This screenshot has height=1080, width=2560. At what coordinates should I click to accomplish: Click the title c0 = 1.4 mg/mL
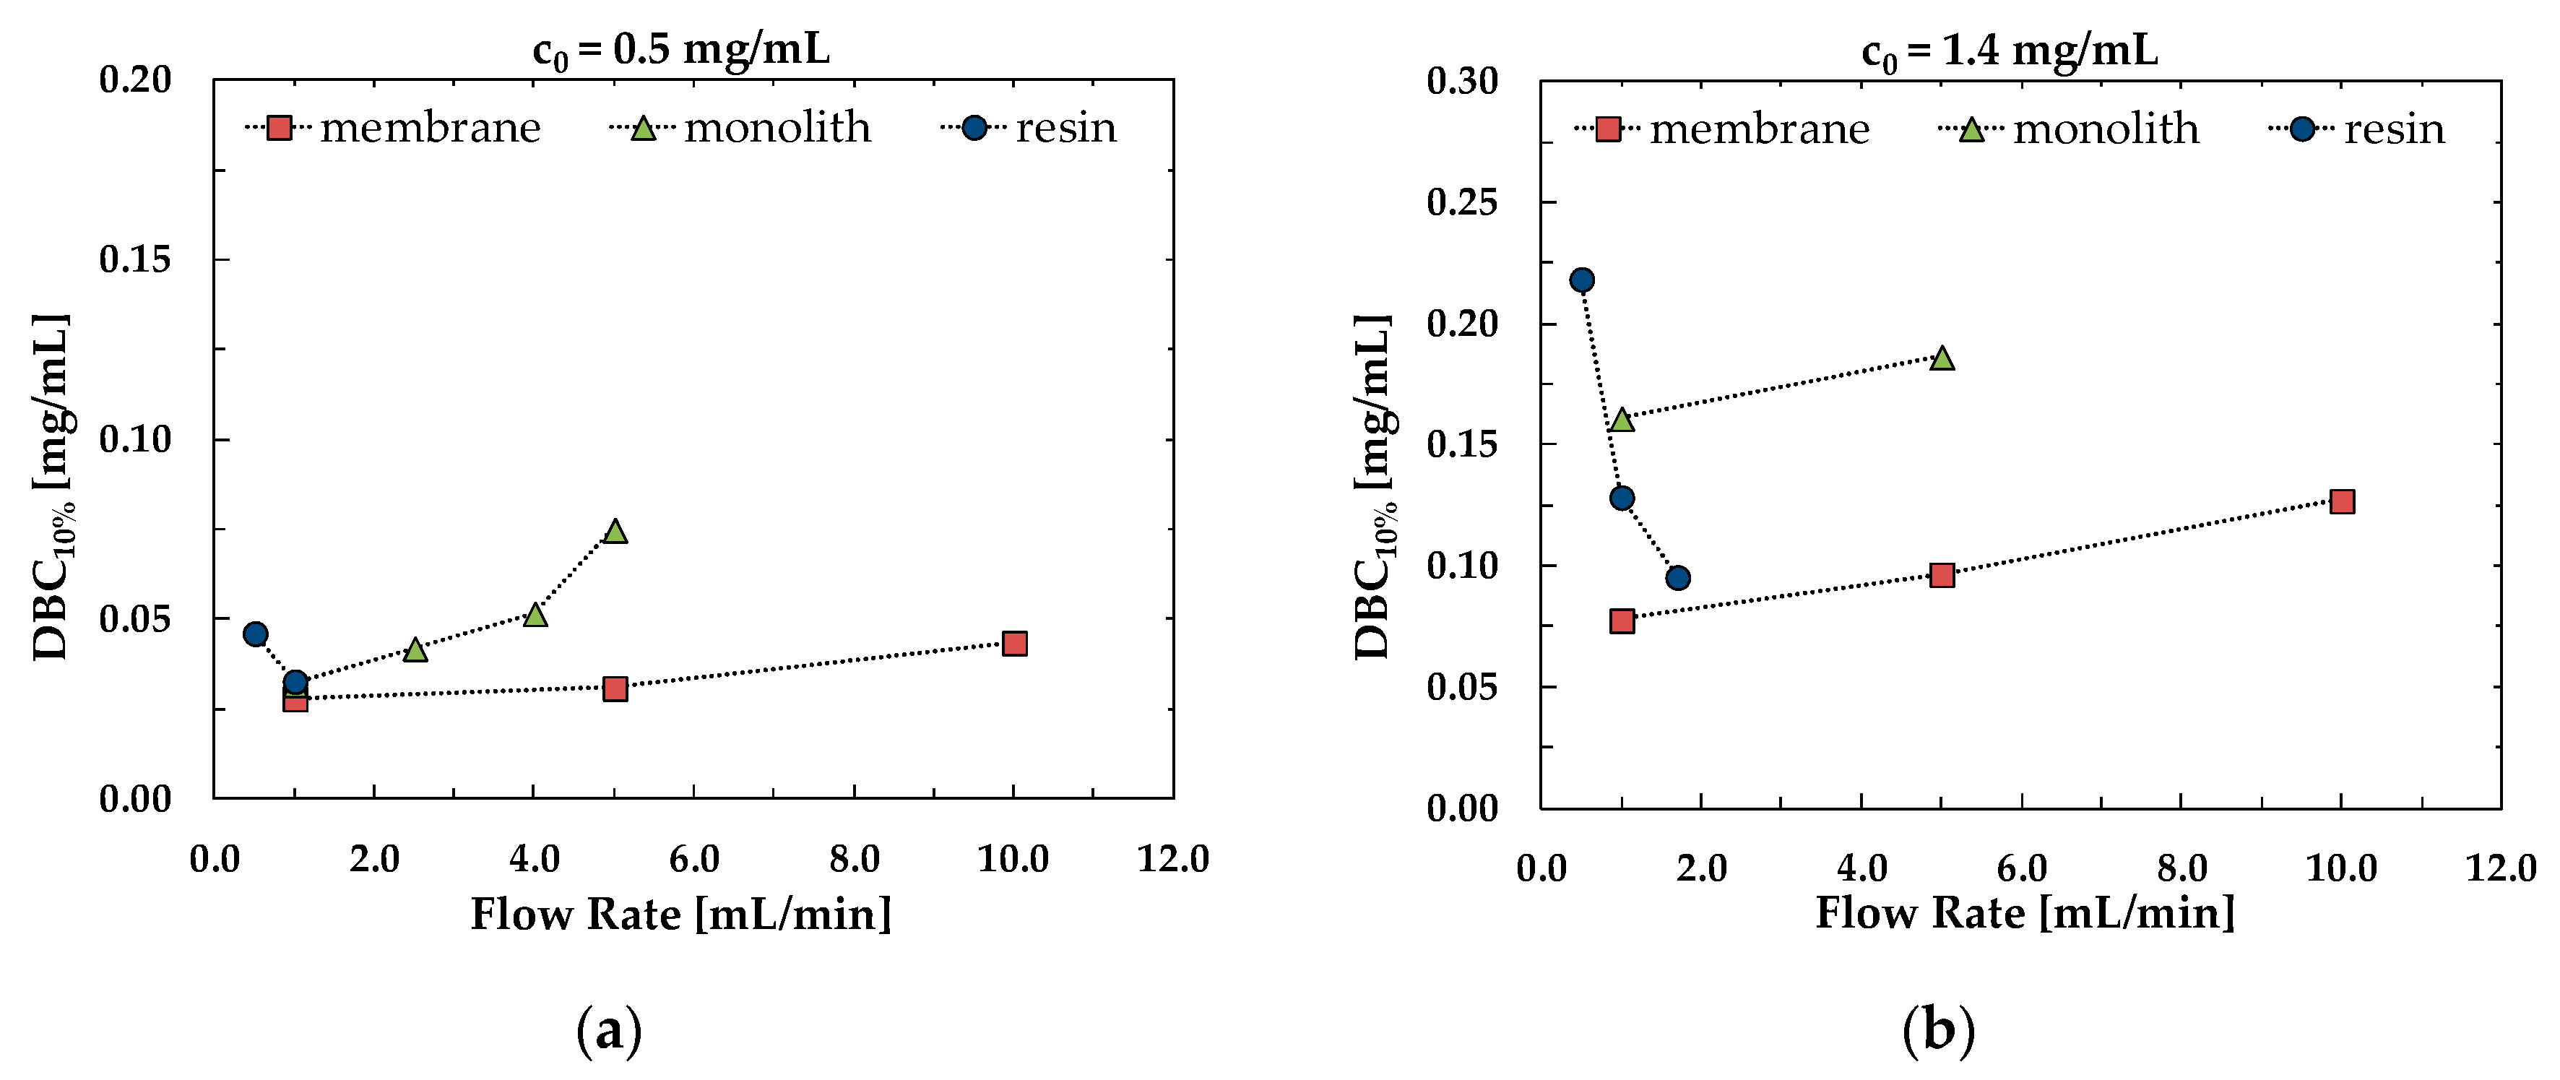pos(2010,51)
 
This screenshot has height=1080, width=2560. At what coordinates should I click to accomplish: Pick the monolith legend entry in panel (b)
pos(2070,129)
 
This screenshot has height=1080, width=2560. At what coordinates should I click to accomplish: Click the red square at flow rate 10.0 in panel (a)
pos(1013,643)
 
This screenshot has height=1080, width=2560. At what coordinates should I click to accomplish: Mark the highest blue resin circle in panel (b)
pos(1581,280)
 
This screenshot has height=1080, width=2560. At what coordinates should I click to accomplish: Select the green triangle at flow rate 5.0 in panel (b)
pos(1942,358)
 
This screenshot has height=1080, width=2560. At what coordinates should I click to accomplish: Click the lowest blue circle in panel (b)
pos(1677,577)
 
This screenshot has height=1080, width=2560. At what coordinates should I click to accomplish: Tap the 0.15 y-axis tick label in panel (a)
pos(135,259)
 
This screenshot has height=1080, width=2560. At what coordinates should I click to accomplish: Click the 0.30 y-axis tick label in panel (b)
pos(1463,82)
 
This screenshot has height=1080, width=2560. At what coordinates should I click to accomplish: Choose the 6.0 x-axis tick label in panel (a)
pos(693,858)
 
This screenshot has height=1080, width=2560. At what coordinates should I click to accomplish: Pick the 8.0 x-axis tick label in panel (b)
pos(2182,868)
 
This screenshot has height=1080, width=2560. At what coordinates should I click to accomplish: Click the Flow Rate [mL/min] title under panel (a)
pos(680,914)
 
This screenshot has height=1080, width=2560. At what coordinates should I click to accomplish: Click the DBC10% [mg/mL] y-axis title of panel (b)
pos(1375,487)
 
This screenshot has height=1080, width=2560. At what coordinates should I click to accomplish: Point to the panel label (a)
pos(609,1032)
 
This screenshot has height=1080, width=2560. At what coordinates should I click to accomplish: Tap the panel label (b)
pos(1938,1032)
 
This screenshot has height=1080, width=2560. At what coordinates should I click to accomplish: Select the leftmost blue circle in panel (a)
pos(256,634)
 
